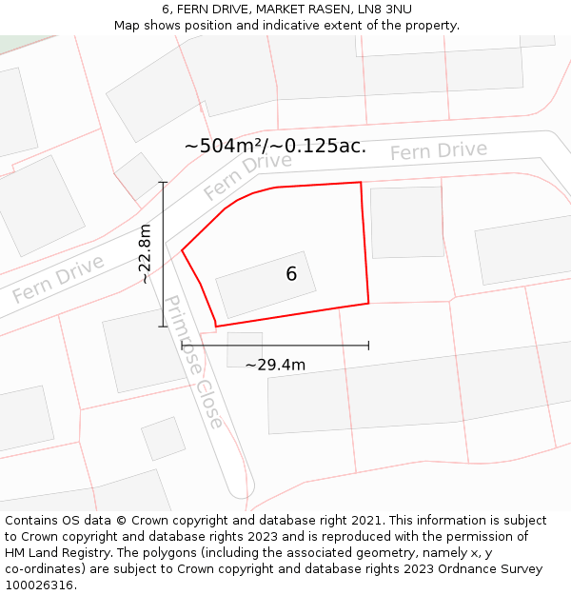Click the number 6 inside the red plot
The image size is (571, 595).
point(291,274)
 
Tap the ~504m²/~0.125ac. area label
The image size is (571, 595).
point(275,146)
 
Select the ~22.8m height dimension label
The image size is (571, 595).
point(144,254)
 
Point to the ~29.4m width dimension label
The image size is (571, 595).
point(275,365)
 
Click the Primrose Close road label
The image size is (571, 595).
point(194,362)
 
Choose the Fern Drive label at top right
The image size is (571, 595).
point(438,150)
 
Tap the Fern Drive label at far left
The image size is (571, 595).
point(58,279)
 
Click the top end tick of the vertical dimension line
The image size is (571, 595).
point(163,182)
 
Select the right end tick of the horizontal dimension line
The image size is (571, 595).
point(368,345)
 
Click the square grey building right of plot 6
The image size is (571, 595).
point(406,222)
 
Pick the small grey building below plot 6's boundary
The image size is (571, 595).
point(245,348)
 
